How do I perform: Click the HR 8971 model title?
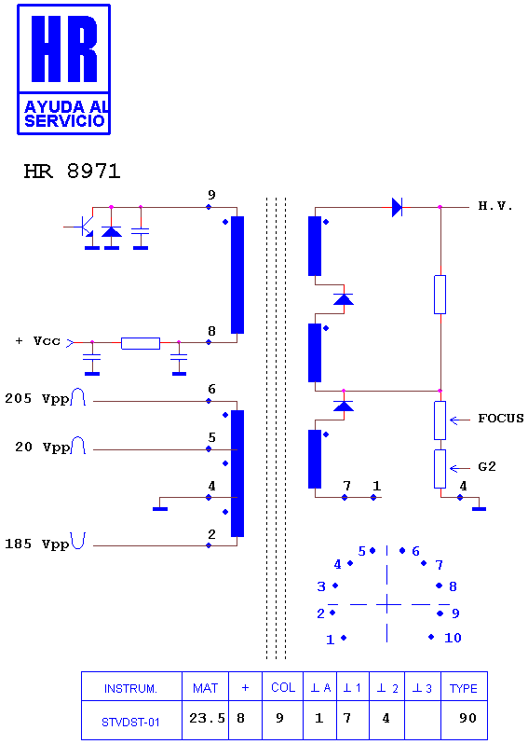(x=72, y=172)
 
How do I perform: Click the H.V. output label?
(x=495, y=206)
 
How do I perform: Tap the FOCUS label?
(x=500, y=419)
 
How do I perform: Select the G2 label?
(x=487, y=467)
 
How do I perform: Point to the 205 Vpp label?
(x=37, y=399)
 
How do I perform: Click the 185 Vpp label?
(x=37, y=544)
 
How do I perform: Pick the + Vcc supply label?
(x=38, y=341)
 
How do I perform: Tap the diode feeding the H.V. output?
(x=398, y=207)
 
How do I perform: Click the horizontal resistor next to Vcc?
(x=141, y=343)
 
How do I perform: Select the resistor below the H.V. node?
(x=440, y=295)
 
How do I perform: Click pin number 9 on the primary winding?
(x=211, y=195)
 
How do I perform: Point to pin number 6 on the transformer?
(x=211, y=389)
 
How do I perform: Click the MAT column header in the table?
(x=205, y=688)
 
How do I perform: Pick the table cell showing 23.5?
(x=207, y=719)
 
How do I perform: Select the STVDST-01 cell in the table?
(x=130, y=723)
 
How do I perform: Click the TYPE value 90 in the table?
(x=467, y=718)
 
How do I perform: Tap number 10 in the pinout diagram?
(x=453, y=638)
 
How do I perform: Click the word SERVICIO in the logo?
(x=64, y=121)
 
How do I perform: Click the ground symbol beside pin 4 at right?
(x=479, y=509)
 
